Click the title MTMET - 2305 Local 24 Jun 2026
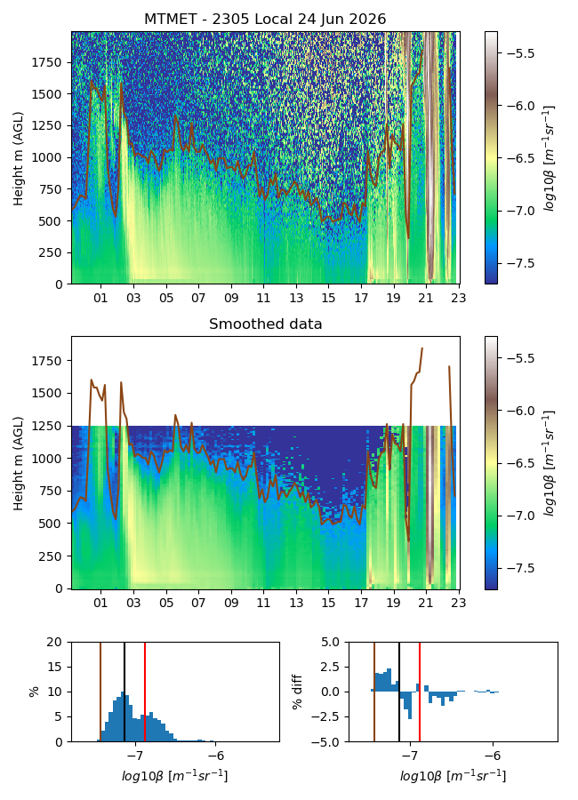(265, 19)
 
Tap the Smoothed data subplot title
(265, 324)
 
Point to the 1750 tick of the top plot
(46, 63)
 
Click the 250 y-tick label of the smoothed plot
(50, 556)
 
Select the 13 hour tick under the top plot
(296, 298)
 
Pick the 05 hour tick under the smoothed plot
(166, 603)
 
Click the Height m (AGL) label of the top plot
(19, 158)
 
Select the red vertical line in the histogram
(145, 692)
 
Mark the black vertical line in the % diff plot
(399, 692)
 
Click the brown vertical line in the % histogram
(100, 692)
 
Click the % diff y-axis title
(297, 692)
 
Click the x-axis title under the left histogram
(174, 776)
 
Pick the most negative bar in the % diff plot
(410, 705)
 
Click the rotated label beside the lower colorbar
(550, 463)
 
